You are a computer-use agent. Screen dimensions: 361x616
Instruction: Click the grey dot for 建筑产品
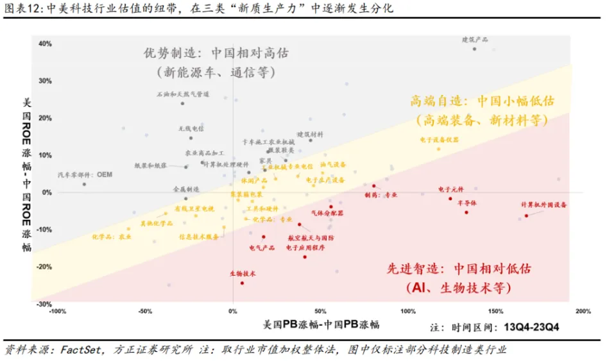coord(474,49)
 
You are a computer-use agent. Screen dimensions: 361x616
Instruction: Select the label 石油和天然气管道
coord(183,94)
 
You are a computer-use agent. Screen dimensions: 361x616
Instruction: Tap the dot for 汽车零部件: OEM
coord(84,184)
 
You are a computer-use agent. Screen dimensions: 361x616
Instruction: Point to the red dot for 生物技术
coord(242,283)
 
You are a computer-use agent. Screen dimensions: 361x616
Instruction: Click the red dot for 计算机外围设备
coord(527,215)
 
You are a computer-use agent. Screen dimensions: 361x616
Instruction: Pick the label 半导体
coord(466,203)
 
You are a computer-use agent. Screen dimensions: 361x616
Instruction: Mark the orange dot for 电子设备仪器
coord(439,149)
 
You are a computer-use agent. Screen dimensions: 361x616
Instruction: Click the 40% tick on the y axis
coord(45,44)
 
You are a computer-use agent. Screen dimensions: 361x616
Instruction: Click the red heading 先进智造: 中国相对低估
coord(459,269)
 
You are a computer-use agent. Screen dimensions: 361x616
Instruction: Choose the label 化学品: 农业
coord(111,236)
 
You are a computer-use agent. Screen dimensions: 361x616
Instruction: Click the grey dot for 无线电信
coord(191,138)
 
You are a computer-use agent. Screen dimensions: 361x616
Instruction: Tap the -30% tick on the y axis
coord(44,304)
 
